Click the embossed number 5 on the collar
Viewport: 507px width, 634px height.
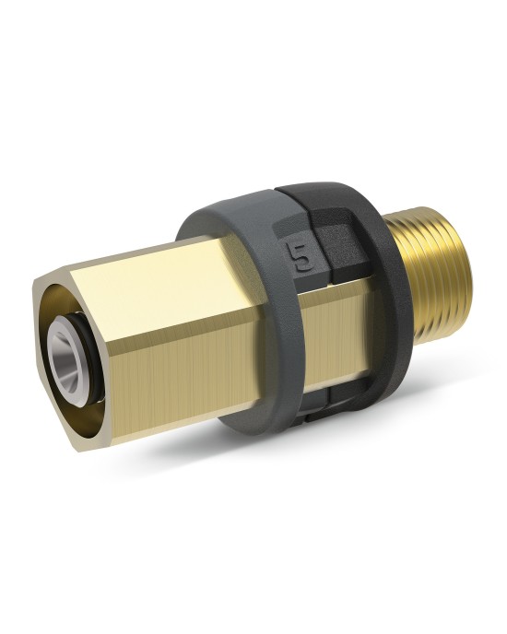point(303,256)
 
